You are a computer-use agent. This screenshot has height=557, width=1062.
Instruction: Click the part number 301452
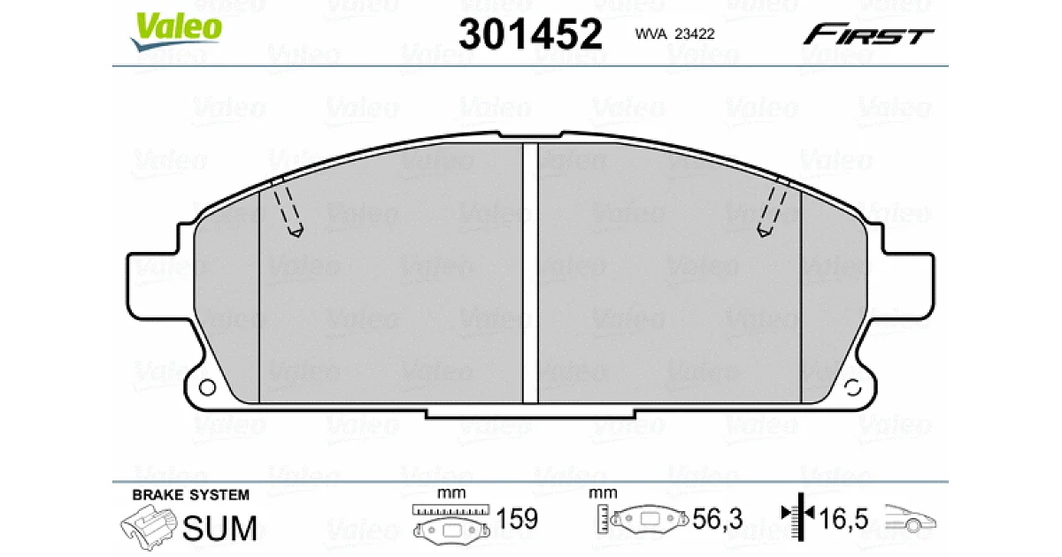(x=530, y=34)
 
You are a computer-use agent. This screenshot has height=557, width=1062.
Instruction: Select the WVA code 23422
(x=695, y=34)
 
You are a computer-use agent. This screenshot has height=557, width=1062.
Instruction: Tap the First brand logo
(x=868, y=34)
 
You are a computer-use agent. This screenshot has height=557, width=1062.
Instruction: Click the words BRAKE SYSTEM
(x=190, y=495)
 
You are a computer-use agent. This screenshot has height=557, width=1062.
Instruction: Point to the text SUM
(x=219, y=528)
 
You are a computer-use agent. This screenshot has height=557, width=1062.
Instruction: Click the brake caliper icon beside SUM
(x=149, y=527)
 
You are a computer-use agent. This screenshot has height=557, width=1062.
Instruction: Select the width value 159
(x=517, y=519)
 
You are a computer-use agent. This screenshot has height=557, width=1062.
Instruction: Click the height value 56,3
(x=718, y=519)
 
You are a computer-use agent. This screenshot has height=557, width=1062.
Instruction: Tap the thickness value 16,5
(x=843, y=519)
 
